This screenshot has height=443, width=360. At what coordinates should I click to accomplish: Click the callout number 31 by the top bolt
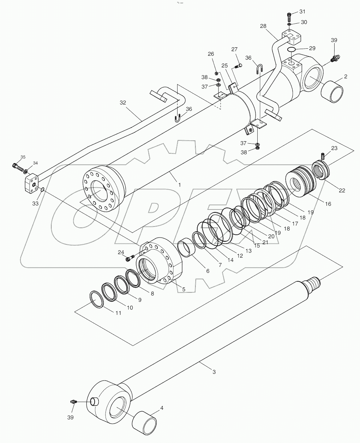pyautogui.click(x=302, y=12)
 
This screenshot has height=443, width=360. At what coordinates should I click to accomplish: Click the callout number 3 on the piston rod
pyautogui.click(x=214, y=372)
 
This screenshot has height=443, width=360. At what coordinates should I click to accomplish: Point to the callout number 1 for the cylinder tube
pyautogui.click(x=179, y=185)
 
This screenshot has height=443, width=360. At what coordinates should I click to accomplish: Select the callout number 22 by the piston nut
pyautogui.click(x=342, y=190)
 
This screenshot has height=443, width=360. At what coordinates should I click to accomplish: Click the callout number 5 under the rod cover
pyautogui.click(x=183, y=289)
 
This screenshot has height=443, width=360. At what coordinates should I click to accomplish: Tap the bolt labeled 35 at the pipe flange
pyautogui.click(x=16, y=165)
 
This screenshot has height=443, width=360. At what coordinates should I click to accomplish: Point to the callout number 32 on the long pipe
pyautogui.click(x=122, y=103)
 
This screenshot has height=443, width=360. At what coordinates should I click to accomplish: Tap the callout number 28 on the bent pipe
pyautogui.click(x=263, y=26)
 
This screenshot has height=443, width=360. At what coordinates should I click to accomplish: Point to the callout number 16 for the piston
pyautogui.click(x=328, y=204)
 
